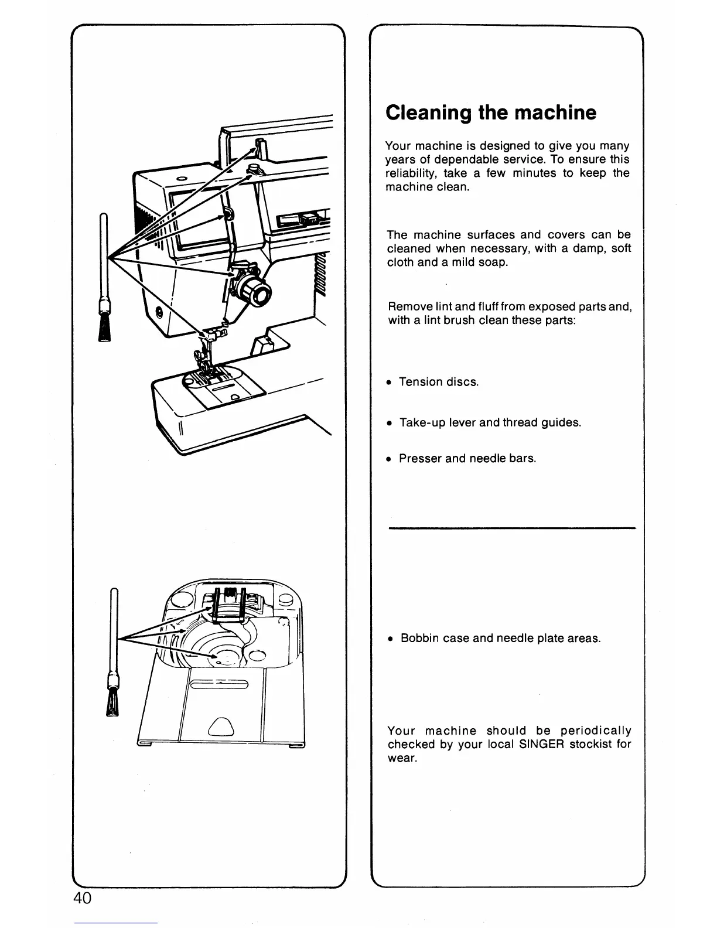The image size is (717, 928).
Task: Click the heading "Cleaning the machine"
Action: coord(491,112)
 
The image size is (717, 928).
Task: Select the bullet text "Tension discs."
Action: coord(439,382)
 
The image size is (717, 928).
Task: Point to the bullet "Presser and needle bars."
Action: coord(467,458)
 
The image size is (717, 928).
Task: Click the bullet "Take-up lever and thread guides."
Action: coord(490,422)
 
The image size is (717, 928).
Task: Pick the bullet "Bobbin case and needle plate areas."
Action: coord(501,638)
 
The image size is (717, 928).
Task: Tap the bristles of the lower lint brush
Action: coord(112,703)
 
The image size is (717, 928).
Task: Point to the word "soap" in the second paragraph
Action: coord(493,262)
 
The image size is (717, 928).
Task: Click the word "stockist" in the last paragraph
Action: coord(588,745)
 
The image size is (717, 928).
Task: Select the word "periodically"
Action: coord(596,731)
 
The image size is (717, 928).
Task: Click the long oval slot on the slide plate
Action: coord(220,684)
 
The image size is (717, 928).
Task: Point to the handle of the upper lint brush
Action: coord(104,258)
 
